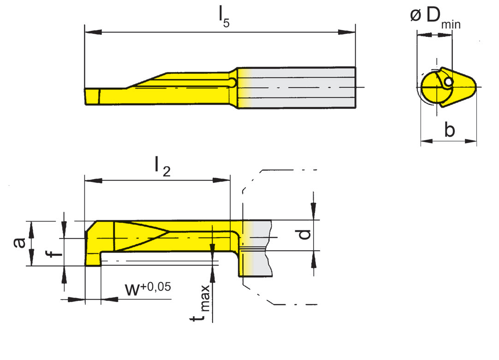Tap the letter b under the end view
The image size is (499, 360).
(449, 130)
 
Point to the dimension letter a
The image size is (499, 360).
(19, 242)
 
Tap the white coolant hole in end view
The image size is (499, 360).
(448, 82)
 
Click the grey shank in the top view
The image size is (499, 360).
(300, 88)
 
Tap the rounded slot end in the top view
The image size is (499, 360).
(233, 82)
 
